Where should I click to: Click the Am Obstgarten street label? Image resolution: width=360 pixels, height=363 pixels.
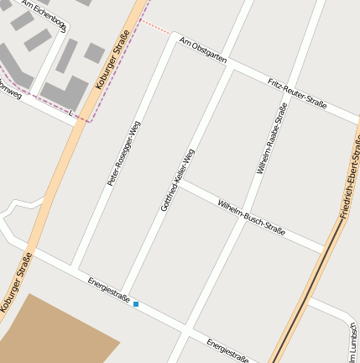pos(205,50)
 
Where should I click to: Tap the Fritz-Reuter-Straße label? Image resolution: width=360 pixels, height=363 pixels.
pos(297,92)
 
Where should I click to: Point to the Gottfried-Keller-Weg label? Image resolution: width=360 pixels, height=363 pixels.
pos(177,180)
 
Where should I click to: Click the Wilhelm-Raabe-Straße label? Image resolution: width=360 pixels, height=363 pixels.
pos(272,139)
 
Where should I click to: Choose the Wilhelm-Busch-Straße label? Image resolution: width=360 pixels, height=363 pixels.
pos(251,217)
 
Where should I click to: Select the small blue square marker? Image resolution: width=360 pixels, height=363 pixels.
pos(136,303)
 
